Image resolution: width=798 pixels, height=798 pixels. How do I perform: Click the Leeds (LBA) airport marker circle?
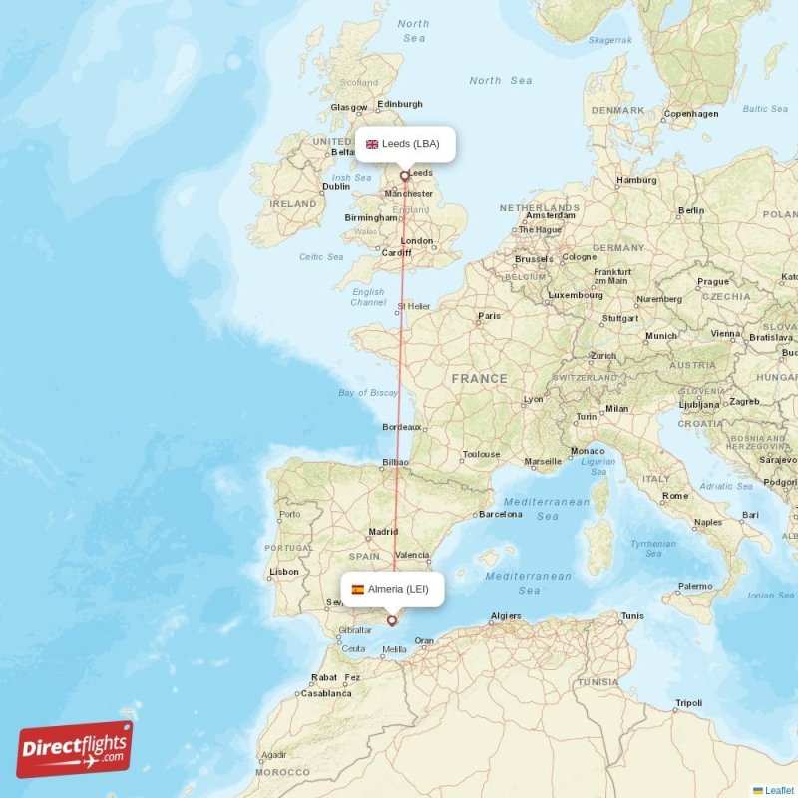point(404,176)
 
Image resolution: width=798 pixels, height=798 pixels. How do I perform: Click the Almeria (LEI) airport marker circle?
point(391,620)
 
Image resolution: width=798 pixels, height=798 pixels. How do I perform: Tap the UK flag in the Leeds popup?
point(372,144)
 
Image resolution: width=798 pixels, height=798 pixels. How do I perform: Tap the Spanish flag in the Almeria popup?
point(357,589)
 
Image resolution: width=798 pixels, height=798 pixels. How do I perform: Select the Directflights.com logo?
point(74,749)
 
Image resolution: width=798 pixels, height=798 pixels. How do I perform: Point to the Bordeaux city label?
point(401,427)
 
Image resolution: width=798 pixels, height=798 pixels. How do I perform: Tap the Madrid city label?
point(384,532)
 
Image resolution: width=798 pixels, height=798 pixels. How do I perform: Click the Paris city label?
point(489,316)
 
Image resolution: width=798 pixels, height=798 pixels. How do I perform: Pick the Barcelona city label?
point(501,515)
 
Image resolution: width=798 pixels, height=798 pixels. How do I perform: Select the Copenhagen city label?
point(692,114)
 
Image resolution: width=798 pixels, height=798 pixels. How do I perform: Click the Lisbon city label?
point(283,572)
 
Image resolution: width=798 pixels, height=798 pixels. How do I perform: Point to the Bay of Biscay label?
point(368,393)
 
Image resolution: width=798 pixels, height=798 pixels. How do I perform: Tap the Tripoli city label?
point(688,703)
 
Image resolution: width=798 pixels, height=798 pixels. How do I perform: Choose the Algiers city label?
point(506,616)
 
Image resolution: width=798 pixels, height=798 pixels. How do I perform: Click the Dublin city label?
point(336,186)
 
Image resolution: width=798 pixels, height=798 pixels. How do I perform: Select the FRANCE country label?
point(479,379)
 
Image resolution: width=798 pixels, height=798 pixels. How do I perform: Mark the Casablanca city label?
point(325,693)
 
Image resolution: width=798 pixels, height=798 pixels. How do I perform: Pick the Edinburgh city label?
point(400,104)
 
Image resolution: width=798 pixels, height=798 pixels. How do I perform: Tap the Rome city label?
point(675,496)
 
